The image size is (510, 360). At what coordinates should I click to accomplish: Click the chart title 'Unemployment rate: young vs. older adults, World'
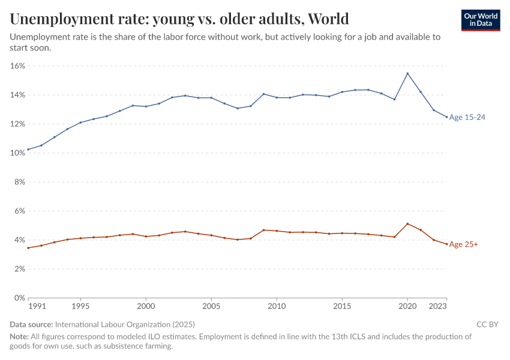(179, 19)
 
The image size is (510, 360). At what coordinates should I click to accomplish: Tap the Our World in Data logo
(481, 20)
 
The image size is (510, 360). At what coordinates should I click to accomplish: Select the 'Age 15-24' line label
(467, 118)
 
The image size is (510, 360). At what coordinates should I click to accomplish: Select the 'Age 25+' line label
(463, 244)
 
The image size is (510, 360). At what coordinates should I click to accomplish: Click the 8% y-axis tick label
(19, 182)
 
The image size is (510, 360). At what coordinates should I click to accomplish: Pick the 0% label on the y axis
(19, 298)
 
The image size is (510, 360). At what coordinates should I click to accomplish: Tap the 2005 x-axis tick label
(211, 306)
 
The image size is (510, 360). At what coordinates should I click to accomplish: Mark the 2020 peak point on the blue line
(407, 74)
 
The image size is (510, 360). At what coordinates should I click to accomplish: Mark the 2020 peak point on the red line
(407, 224)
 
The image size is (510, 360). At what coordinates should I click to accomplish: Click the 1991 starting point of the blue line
(28, 149)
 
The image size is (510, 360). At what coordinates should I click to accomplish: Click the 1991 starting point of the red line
(28, 248)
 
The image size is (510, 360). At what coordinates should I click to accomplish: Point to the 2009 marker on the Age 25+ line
(263, 230)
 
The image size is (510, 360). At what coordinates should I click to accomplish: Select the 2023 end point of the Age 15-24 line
(446, 117)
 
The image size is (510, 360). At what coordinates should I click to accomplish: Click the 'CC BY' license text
(487, 325)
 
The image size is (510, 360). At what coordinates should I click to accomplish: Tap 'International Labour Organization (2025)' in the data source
(124, 325)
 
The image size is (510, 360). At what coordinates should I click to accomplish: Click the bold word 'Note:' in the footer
(20, 337)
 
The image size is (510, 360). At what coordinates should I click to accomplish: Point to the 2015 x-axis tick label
(342, 306)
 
